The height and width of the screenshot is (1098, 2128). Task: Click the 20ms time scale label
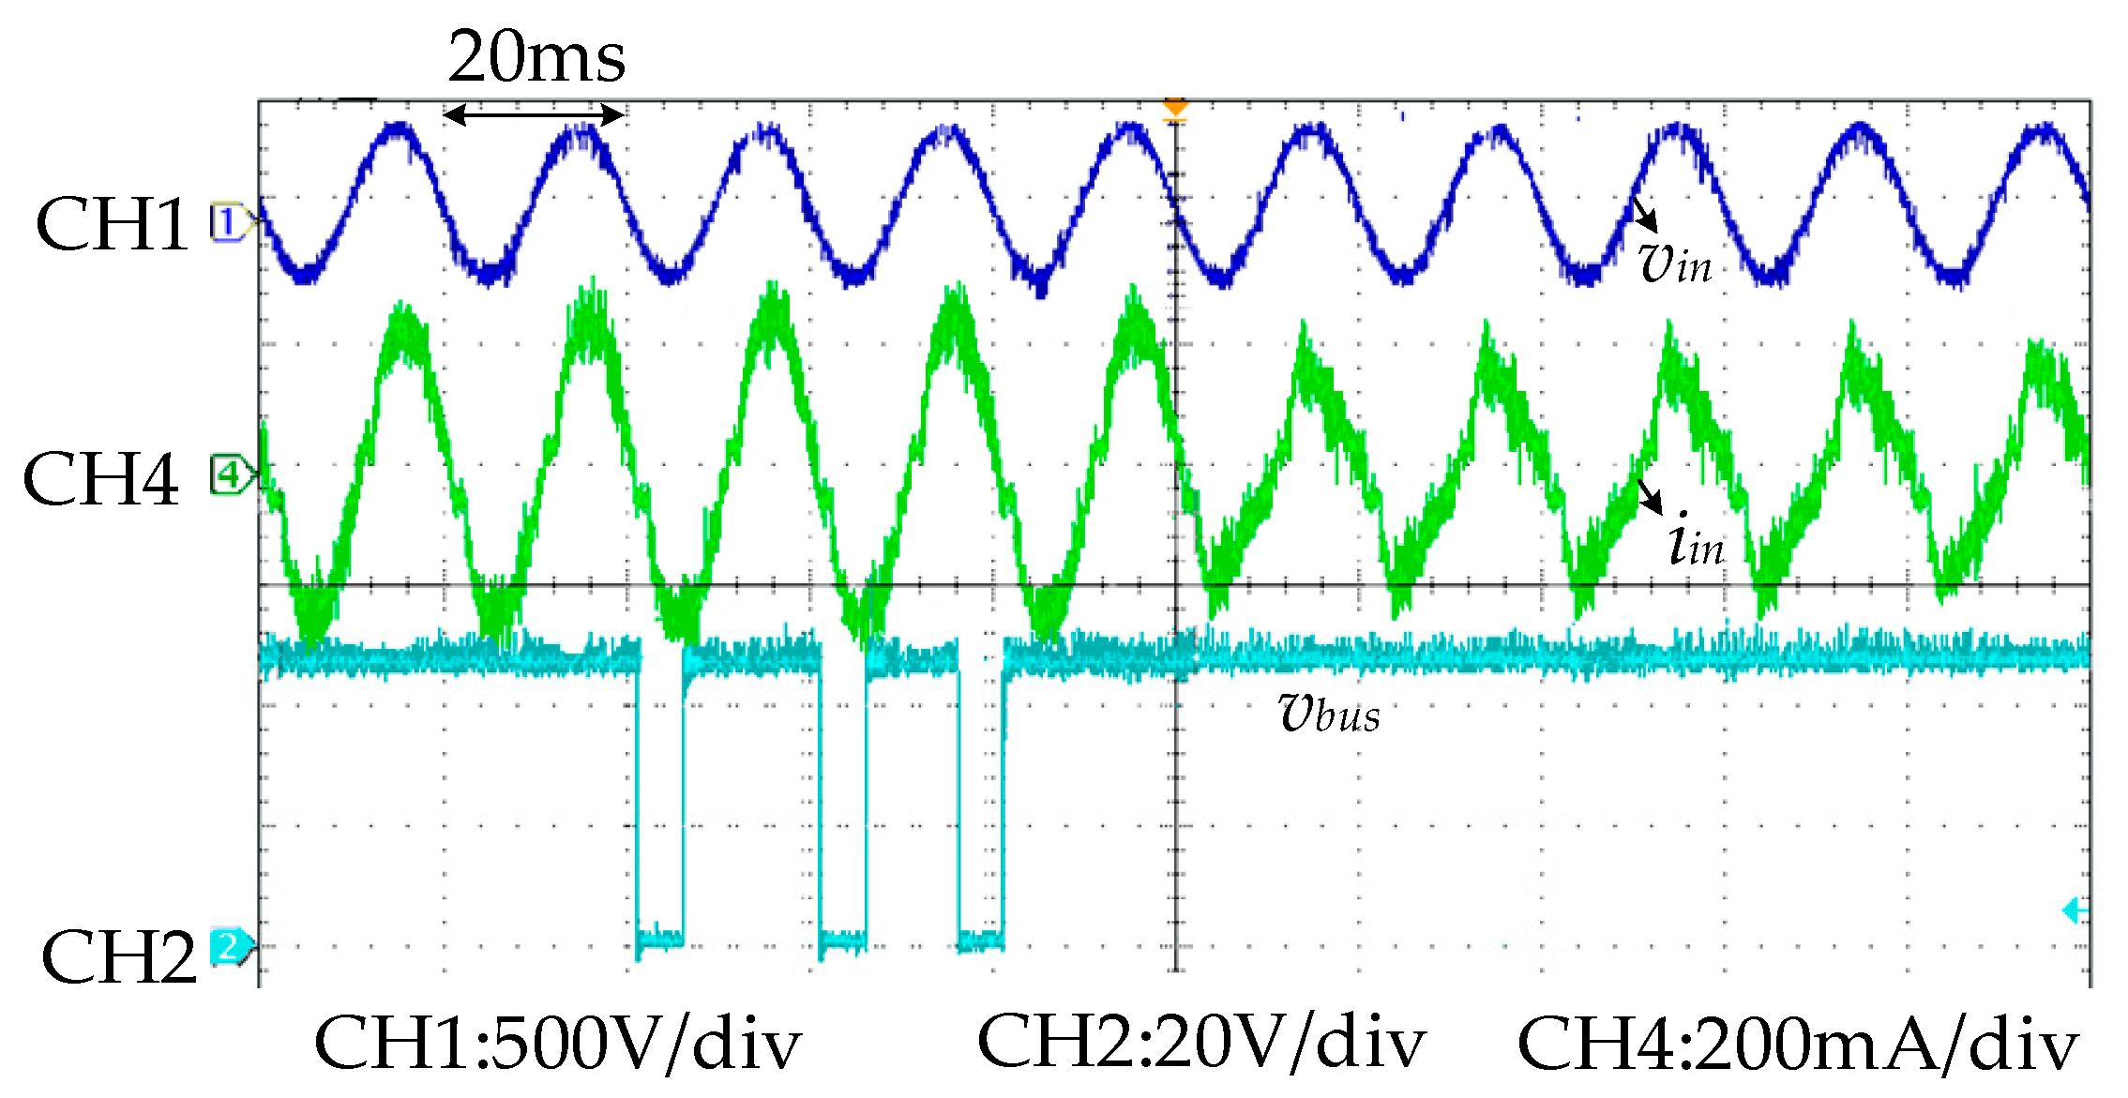[x=536, y=57]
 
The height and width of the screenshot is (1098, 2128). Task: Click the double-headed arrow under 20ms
[x=534, y=115]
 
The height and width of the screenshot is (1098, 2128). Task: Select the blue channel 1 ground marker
[x=230, y=223]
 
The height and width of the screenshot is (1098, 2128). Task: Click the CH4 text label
[x=101, y=478]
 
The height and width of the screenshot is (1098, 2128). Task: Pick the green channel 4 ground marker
[x=230, y=475]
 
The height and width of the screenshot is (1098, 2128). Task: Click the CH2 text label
[x=119, y=956]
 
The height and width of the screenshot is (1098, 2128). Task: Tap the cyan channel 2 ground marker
[x=230, y=946]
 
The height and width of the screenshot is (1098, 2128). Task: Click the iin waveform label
[x=1696, y=541]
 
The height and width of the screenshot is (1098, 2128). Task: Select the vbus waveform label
[x=1329, y=714]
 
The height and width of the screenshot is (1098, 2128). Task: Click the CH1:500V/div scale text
[x=557, y=1044]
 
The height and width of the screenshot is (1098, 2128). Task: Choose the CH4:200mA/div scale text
[x=1798, y=1044]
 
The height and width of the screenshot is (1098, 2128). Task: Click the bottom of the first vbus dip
[x=660, y=938]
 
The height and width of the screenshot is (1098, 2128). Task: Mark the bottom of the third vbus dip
[x=981, y=938]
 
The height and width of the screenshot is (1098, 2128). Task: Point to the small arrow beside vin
[x=1646, y=215]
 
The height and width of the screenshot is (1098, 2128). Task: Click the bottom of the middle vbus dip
[x=843, y=938]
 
